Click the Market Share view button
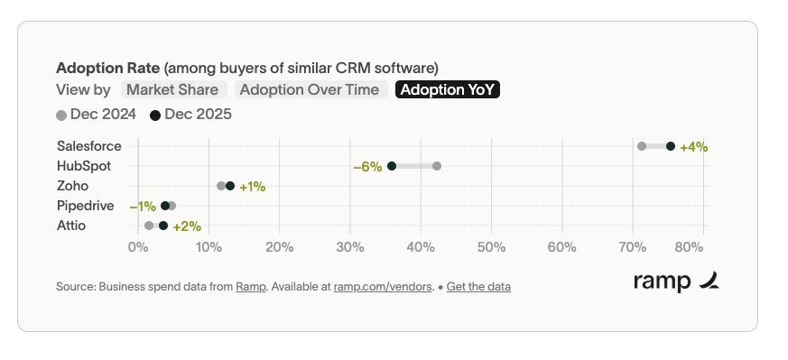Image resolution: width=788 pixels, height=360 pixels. tap(172, 89)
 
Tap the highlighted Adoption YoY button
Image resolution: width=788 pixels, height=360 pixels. tap(449, 89)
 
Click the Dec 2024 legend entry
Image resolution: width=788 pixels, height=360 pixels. tap(97, 114)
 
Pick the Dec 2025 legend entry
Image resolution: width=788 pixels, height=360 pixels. tap(191, 114)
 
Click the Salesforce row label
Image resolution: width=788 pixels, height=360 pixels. tap(88, 145)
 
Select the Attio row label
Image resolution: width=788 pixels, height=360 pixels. tap(71, 226)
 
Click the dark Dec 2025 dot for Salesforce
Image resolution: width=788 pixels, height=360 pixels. tap(671, 146)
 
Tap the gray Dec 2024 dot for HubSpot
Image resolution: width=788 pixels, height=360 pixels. tap(437, 166)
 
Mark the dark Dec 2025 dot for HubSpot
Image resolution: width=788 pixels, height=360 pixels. tap(392, 166)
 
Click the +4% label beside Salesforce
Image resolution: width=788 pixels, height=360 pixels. tap(693, 146)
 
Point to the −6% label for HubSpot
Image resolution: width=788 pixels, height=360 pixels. tap(368, 166)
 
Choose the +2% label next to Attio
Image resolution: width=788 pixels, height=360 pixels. tap(187, 226)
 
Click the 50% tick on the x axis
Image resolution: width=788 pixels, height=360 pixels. tap(491, 246)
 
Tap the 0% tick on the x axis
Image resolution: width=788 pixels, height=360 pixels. tap(137, 246)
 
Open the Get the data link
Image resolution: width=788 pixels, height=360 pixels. tap(478, 287)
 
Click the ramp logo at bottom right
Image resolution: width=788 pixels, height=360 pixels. tap(676, 282)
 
